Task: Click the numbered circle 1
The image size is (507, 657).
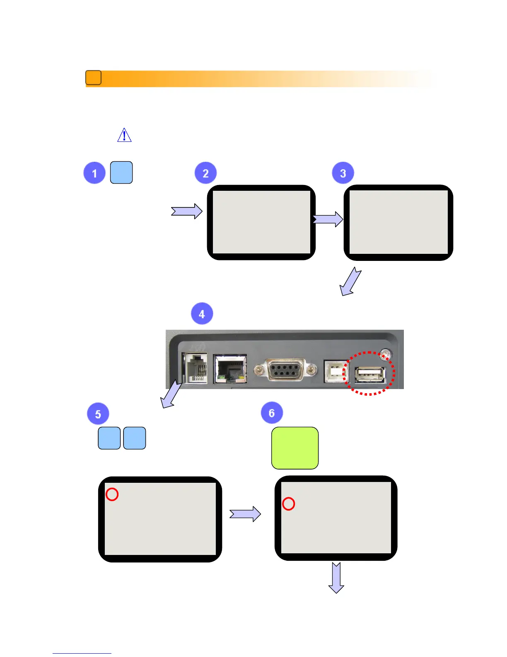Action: coord(94,173)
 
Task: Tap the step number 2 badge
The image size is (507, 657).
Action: coord(205,173)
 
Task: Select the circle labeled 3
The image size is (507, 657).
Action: coord(343,173)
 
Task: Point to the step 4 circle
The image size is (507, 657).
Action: coord(202,314)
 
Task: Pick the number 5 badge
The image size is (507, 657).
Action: coord(98,414)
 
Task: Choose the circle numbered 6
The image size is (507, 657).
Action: coord(272,413)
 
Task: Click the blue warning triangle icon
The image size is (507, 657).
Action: coord(124,136)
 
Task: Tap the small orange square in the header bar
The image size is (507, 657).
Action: coord(93,78)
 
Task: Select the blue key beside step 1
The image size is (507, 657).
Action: coord(121,173)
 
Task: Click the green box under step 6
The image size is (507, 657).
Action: coord(295,448)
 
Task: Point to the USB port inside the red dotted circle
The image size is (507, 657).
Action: coord(370,375)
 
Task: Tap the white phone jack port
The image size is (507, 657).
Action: coord(195,368)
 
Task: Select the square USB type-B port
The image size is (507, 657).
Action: coord(336,371)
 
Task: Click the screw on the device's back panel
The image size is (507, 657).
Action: coord(386,355)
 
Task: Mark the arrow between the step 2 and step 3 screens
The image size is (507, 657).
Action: coord(328,219)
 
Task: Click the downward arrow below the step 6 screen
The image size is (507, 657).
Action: coord(336,578)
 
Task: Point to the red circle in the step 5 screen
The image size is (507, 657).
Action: coord(112,494)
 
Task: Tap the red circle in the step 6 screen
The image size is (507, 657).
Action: coord(289,504)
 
